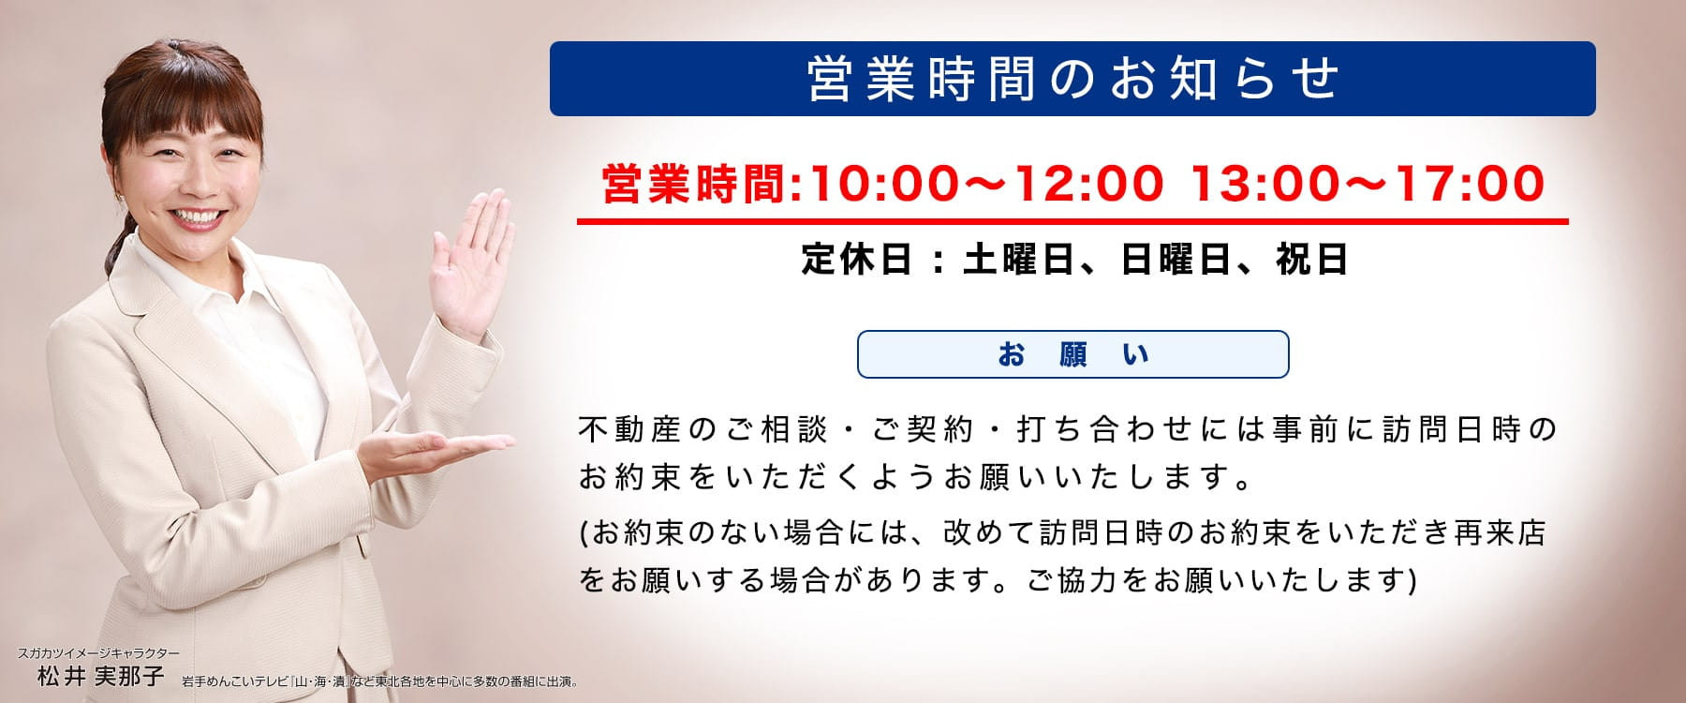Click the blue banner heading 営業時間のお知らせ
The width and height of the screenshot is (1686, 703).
click(1072, 79)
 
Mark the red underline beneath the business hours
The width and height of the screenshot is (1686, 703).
click(1072, 222)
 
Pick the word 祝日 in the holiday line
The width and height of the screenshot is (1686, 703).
click(1311, 259)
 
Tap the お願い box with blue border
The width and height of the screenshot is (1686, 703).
click(1073, 354)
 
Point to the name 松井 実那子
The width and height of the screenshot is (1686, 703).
click(100, 676)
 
